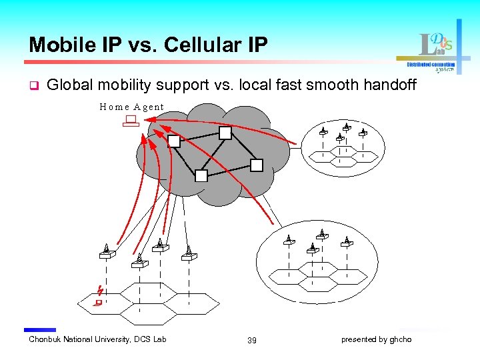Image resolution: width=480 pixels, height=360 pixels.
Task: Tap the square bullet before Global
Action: click(x=33, y=85)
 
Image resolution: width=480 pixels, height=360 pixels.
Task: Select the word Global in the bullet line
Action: click(x=69, y=85)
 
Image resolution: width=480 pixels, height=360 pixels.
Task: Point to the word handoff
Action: click(x=393, y=85)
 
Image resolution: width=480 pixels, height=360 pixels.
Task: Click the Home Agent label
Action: click(x=131, y=107)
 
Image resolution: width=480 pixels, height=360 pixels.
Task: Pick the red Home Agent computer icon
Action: click(x=129, y=121)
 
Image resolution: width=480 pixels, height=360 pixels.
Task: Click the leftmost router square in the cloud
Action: click(x=174, y=141)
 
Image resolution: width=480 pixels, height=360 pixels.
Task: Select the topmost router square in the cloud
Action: click(x=225, y=133)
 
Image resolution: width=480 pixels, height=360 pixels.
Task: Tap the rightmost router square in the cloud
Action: click(x=257, y=165)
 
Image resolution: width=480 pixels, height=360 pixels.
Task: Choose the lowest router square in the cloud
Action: click(x=201, y=176)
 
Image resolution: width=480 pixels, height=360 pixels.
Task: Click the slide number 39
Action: click(x=251, y=340)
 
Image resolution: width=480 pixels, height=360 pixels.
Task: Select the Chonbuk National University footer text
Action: click(x=97, y=339)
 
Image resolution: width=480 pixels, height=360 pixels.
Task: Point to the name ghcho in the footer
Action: click(x=401, y=339)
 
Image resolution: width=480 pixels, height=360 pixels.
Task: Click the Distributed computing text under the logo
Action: click(x=431, y=65)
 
